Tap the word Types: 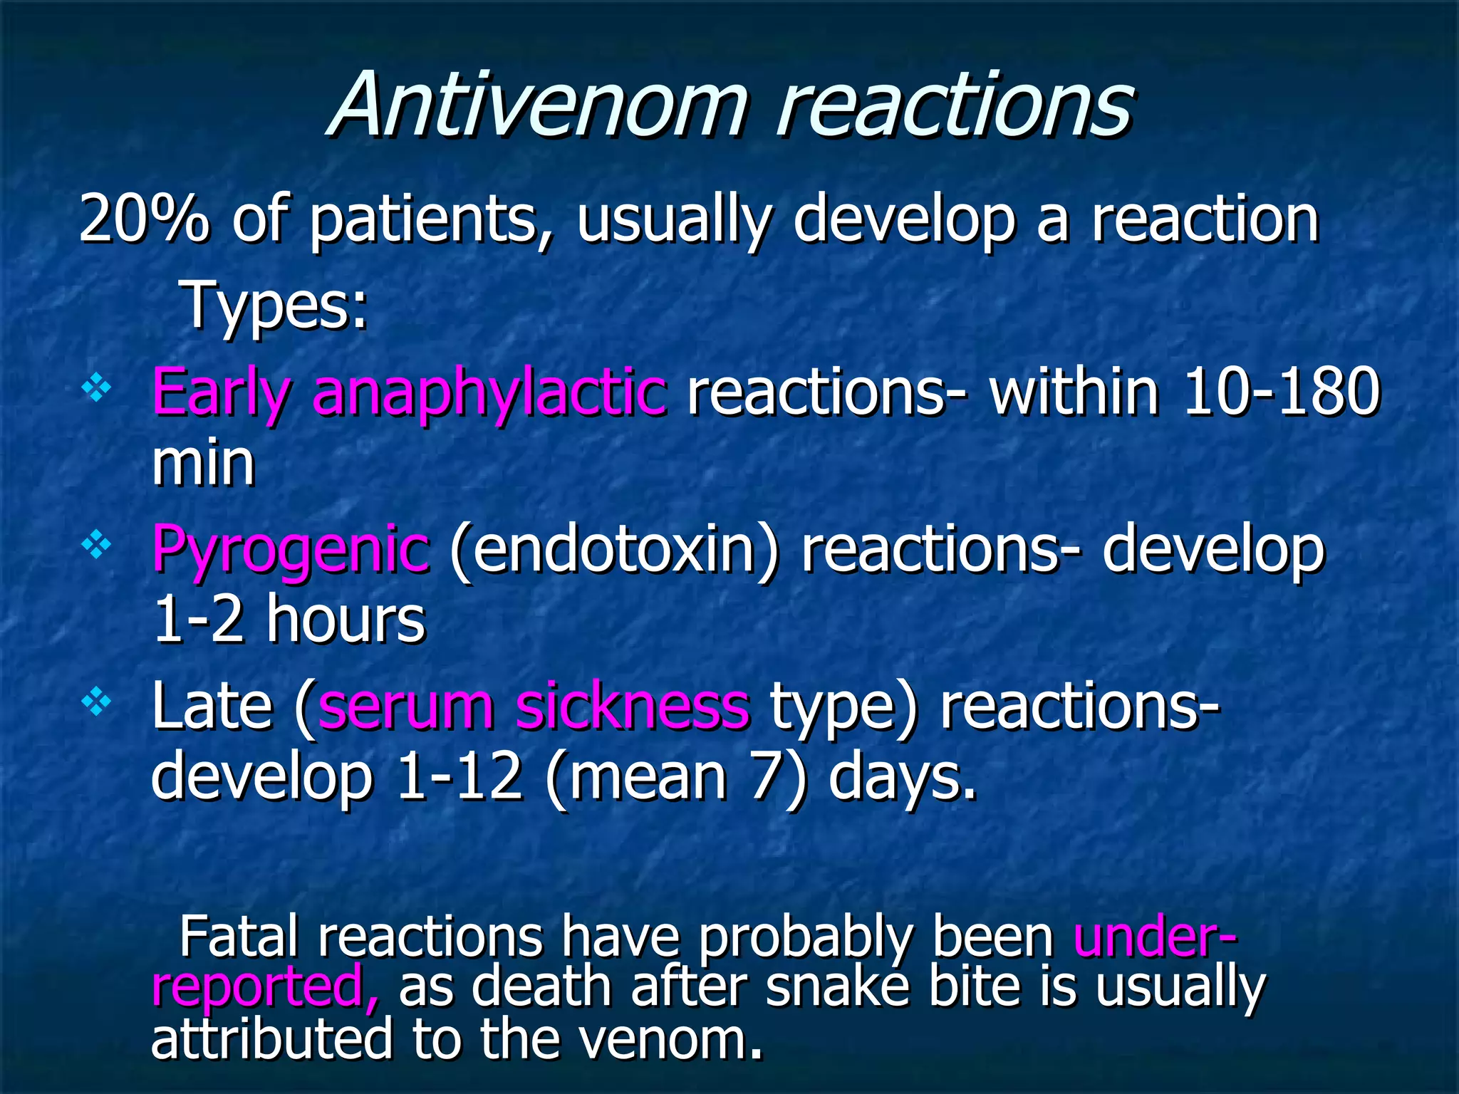point(274,306)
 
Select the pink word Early point(221,393)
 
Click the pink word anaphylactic point(490,393)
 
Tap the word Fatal point(239,937)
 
